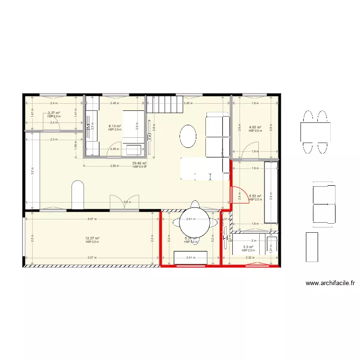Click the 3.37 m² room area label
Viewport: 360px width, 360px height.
[x=54, y=113]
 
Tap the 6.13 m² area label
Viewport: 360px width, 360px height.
[x=114, y=127]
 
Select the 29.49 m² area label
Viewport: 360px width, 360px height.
[x=139, y=164]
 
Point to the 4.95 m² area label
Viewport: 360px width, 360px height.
[x=254, y=128]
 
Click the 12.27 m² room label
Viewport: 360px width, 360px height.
[x=92, y=239]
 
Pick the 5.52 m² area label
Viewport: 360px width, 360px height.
[x=255, y=196]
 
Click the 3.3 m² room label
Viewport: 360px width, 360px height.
[x=248, y=247]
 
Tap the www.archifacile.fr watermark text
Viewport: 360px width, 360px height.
[x=330, y=283]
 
